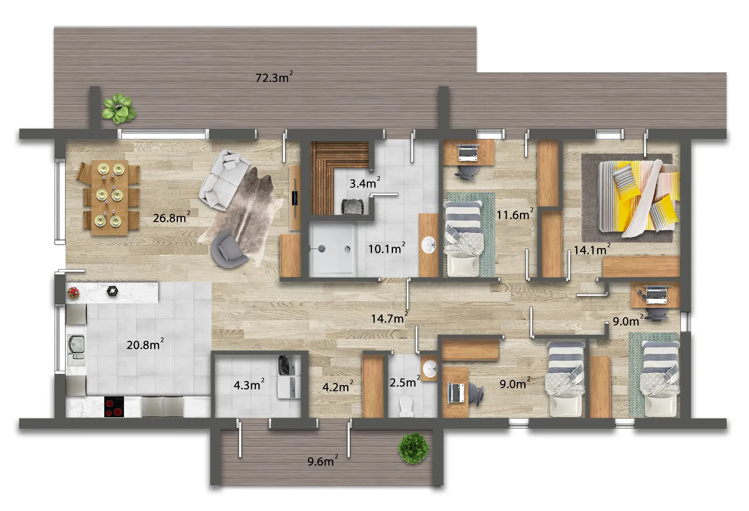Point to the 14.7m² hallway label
pos(389,318)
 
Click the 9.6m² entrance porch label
pos(323,461)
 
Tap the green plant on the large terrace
pos(119,108)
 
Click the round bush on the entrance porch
pos(414,448)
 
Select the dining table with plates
pos(109,197)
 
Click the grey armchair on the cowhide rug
pos(227,250)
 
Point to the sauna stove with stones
pos(352,206)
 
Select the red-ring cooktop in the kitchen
pos(114,406)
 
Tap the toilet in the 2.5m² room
pos(405,406)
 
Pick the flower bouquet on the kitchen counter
pos(73,293)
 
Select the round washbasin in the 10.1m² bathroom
pos(429,245)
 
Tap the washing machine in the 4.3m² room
pos(289,366)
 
